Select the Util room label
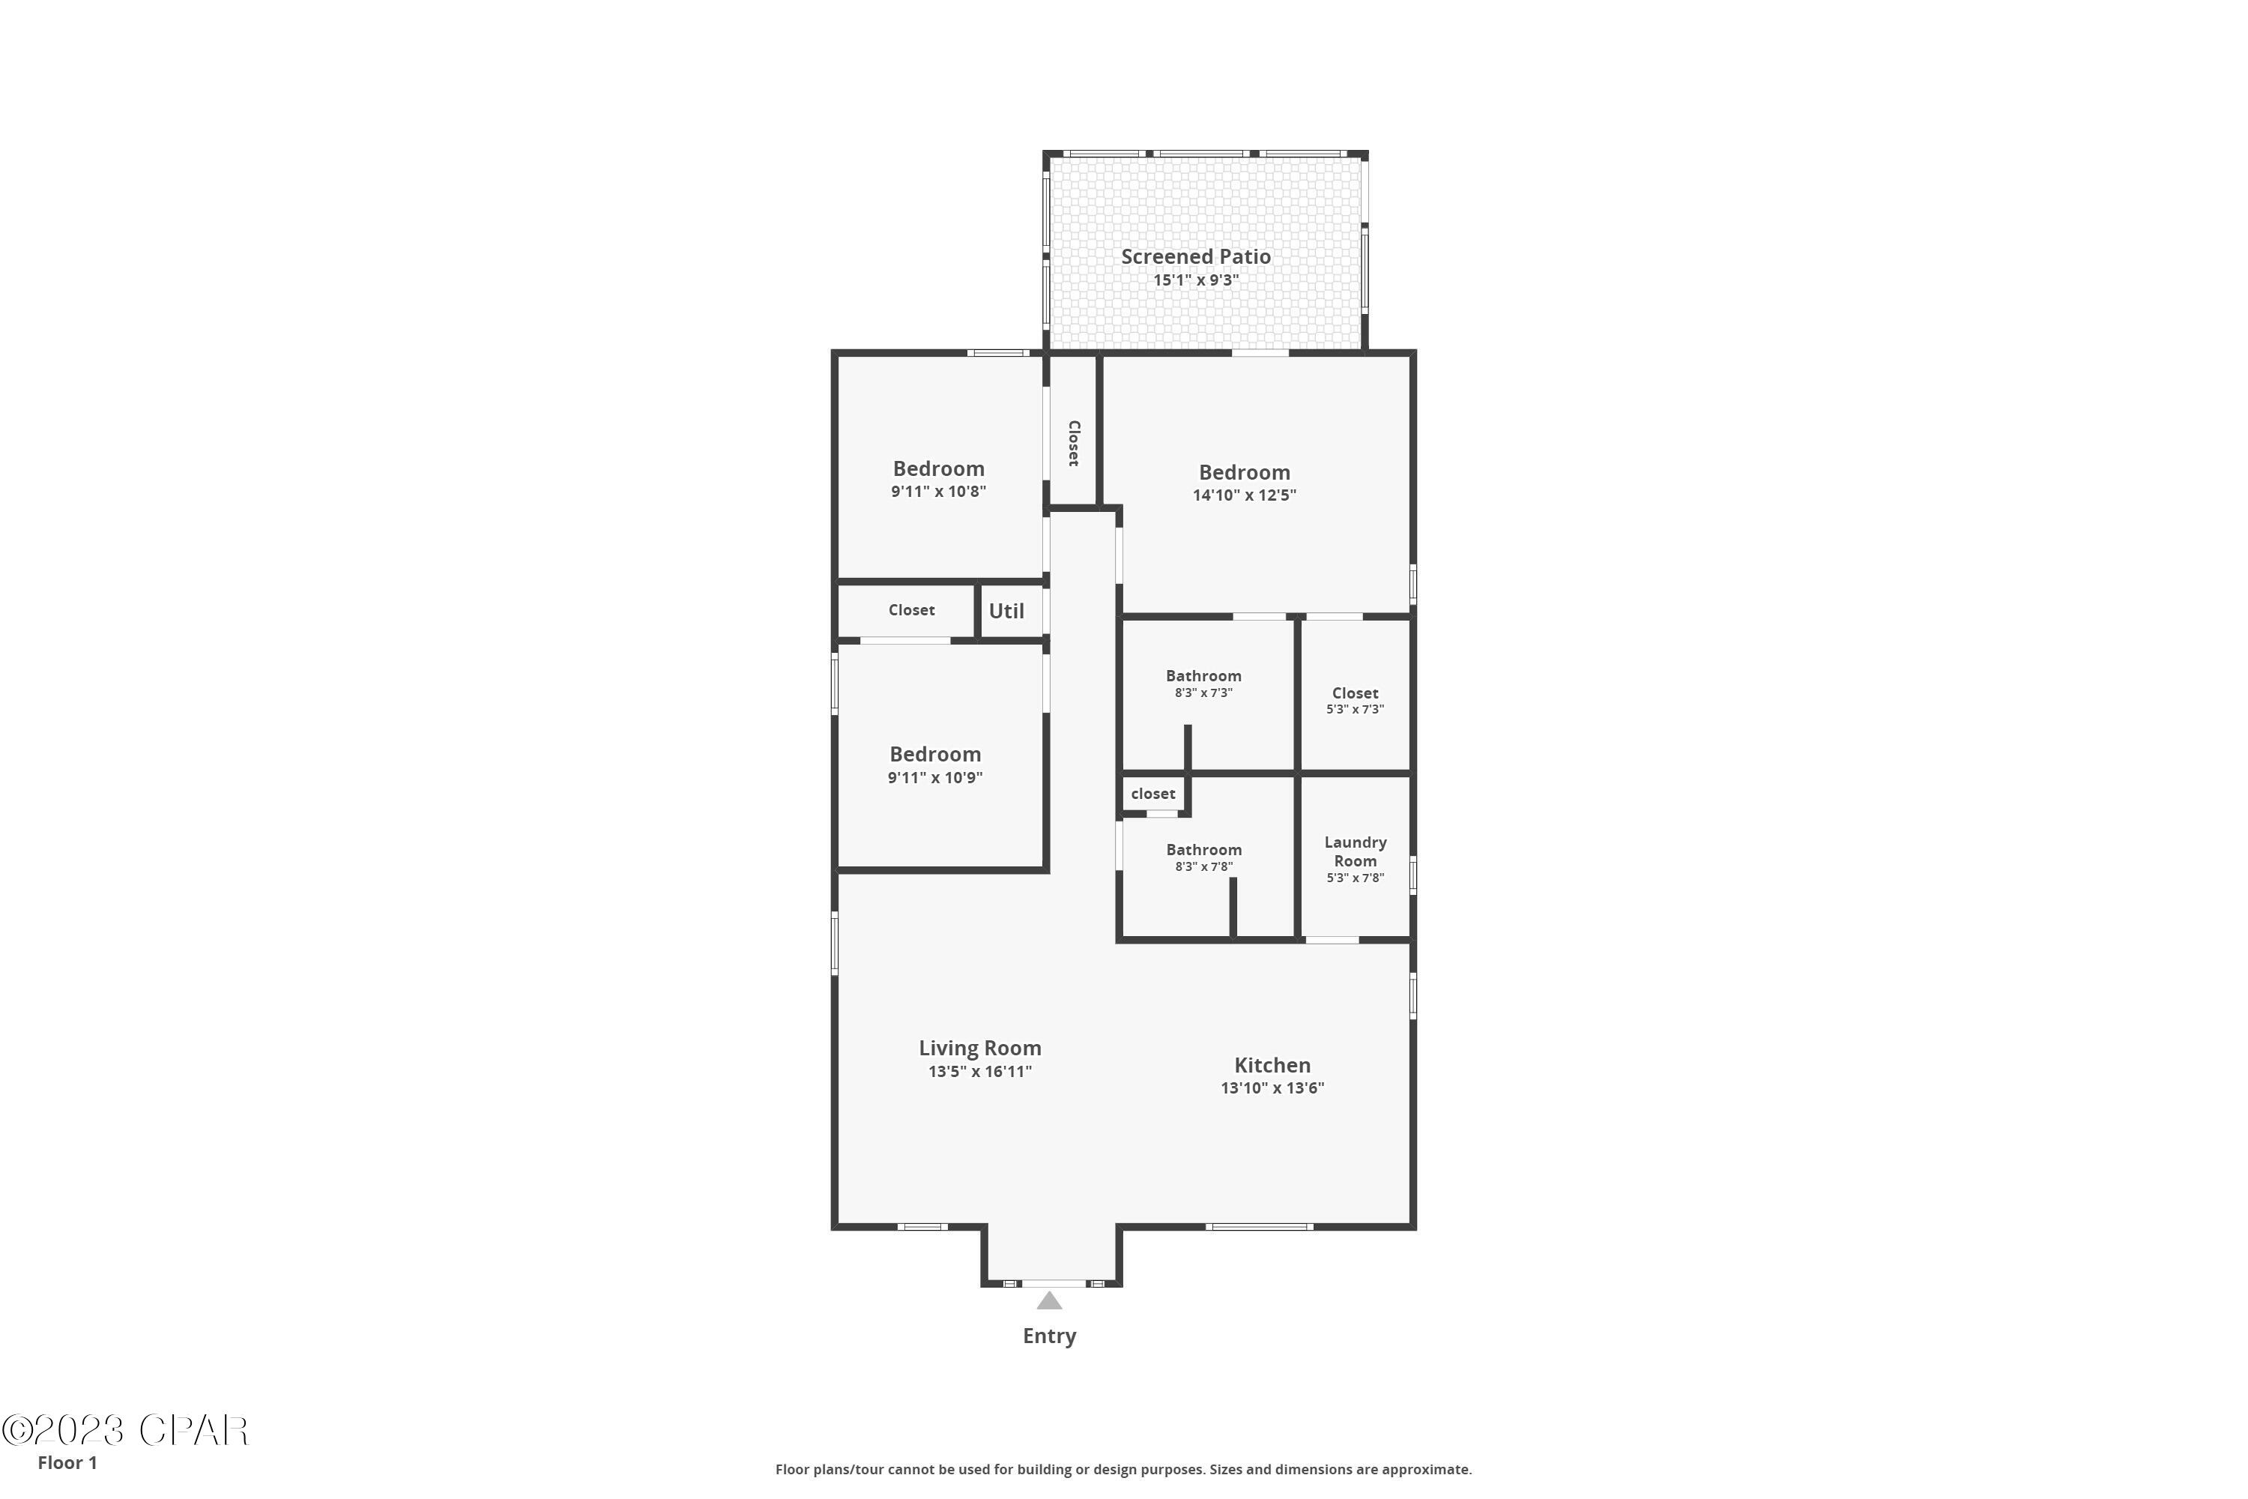click(1006, 611)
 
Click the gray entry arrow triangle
click(1050, 1301)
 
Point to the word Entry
click(1050, 1336)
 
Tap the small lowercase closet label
click(1152, 794)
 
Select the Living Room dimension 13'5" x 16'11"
click(979, 1072)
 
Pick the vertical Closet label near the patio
click(1073, 444)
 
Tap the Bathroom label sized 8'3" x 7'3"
click(1203, 676)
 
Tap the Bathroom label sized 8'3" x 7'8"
click(1203, 850)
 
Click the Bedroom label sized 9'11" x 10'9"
click(934, 754)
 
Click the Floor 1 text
click(67, 1463)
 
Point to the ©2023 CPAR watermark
click(124, 1431)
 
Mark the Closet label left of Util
click(911, 610)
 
